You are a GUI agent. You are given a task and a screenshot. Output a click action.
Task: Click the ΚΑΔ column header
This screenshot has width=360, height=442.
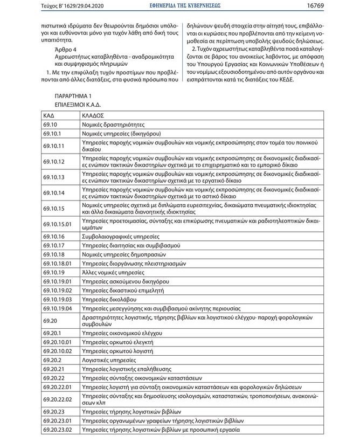(x=49, y=115)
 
